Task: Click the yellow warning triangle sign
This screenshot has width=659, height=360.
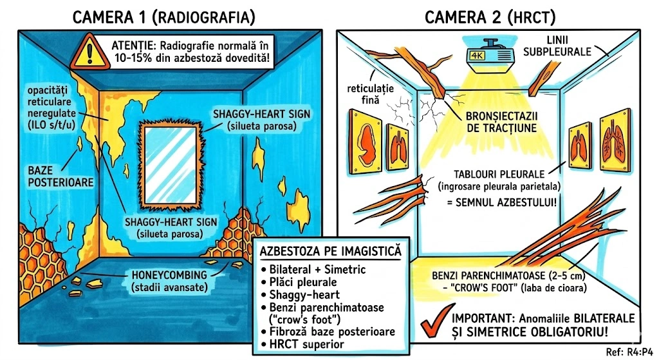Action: (x=90, y=53)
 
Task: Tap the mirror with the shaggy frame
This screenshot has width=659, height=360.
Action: (x=170, y=165)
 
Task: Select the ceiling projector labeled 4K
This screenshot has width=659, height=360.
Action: (x=490, y=53)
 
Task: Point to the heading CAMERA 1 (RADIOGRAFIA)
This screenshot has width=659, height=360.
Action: (x=164, y=17)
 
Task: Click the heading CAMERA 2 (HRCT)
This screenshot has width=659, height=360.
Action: (x=490, y=17)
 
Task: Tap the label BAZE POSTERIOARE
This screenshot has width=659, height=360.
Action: (x=60, y=176)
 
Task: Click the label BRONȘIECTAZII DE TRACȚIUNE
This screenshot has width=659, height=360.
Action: (x=502, y=122)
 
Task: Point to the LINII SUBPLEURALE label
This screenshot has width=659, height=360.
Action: (x=557, y=46)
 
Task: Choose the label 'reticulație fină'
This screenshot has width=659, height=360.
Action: (x=370, y=94)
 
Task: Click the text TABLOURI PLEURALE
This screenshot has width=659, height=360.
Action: (x=499, y=174)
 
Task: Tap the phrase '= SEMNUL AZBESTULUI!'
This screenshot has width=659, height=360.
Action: (x=502, y=202)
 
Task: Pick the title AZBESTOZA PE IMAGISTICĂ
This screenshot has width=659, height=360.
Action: (x=330, y=251)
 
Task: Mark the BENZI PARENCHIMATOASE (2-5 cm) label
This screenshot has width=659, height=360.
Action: (x=508, y=276)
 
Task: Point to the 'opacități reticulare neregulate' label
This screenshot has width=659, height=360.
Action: (x=51, y=108)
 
